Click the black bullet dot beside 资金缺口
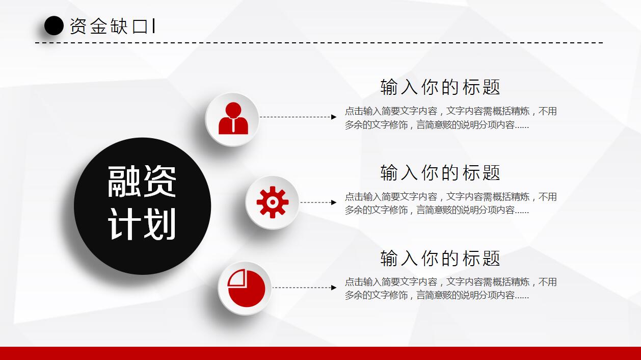[x=54, y=25]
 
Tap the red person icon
[x=233, y=118]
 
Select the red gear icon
[x=273, y=202]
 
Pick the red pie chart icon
[x=246, y=288]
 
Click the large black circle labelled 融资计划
[x=143, y=206]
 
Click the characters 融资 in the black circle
[x=142, y=182]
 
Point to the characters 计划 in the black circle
[x=142, y=224]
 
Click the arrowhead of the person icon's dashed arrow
[x=334, y=117]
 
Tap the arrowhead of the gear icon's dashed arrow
[x=334, y=202]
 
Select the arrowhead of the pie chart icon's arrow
[x=334, y=288]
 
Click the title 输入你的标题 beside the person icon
[x=440, y=87]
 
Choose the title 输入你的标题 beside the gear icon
[x=440, y=173]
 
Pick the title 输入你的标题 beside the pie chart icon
[x=440, y=258]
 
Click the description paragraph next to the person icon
[x=451, y=118]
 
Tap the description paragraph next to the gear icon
[x=451, y=203]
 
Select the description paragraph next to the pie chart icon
[x=451, y=289]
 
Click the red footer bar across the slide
[x=320, y=353]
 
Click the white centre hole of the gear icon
[x=273, y=202]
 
